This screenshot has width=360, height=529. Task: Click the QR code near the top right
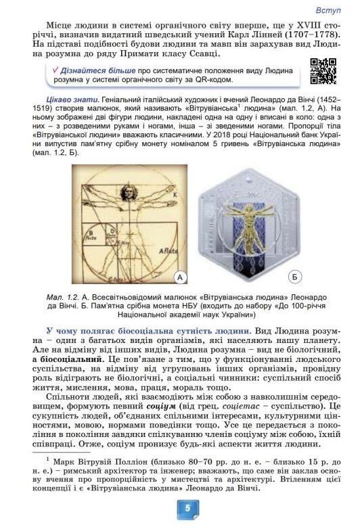click(323, 71)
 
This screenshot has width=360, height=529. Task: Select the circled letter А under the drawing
click(180, 276)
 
